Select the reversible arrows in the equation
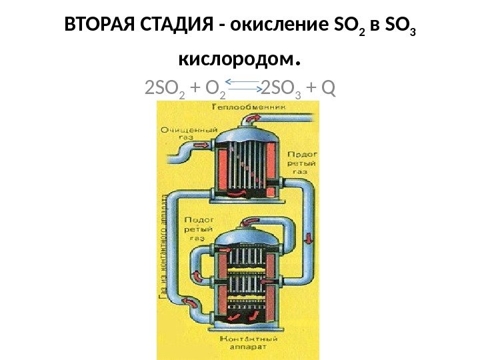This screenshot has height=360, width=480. [x=243, y=83]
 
